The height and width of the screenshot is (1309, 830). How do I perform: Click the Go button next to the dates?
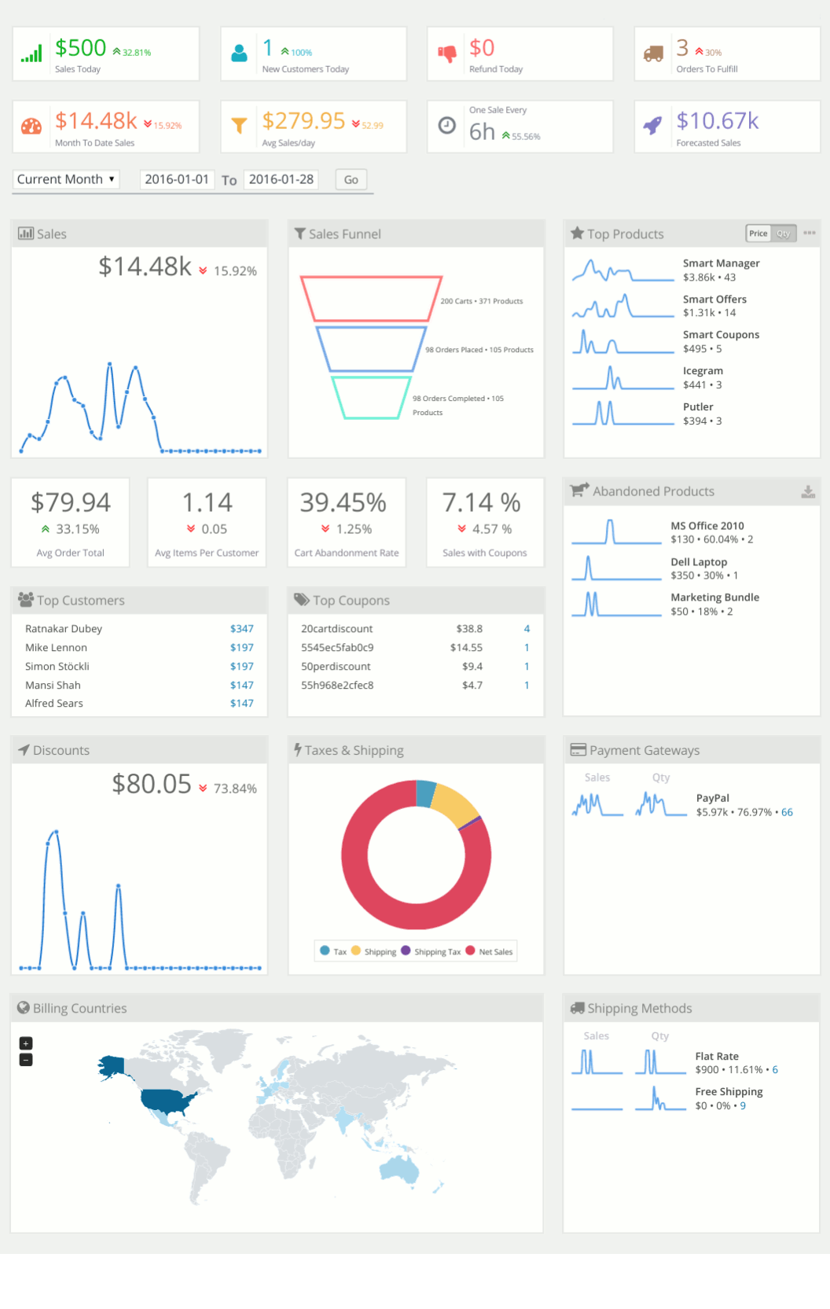click(351, 180)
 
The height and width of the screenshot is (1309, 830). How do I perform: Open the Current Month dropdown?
click(66, 179)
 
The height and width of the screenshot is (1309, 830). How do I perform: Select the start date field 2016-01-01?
click(177, 179)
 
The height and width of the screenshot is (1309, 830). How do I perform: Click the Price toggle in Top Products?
click(758, 233)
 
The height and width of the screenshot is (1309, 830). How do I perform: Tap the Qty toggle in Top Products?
click(784, 233)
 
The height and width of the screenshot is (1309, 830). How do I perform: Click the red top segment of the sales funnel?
click(371, 299)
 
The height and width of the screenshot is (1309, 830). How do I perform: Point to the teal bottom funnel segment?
click(371, 398)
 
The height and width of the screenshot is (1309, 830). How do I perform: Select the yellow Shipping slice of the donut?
click(455, 802)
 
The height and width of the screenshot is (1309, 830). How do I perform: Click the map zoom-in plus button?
click(26, 1043)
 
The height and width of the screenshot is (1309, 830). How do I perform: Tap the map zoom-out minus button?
click(26, 1060)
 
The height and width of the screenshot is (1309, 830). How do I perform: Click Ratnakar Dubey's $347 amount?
click(241, 629)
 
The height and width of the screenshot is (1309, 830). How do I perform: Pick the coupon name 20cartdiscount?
click(336, 629)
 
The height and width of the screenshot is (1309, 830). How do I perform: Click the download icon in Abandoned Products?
click(807, 491)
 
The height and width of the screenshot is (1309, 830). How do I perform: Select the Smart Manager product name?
click(721, 263)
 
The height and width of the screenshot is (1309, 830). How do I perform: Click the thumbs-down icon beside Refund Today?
click(447, 53)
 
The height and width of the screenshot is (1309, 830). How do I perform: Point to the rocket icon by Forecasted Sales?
click(653, 125)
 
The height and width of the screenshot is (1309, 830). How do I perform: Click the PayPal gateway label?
click(712, 798)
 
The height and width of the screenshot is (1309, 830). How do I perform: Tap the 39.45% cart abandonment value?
click(343, 502)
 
